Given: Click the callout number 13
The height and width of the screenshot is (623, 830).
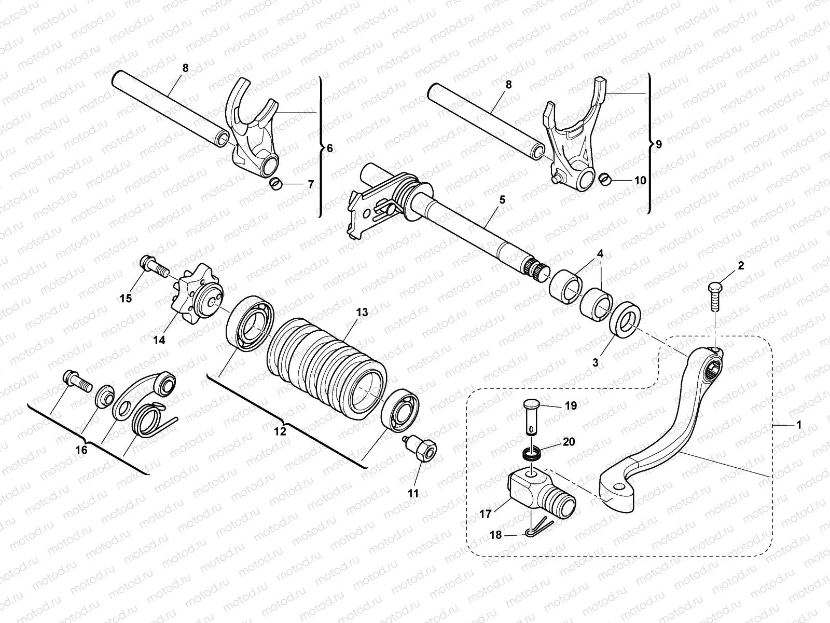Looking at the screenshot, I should point(362,312).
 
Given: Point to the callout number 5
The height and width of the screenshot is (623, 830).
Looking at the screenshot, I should point(502,199).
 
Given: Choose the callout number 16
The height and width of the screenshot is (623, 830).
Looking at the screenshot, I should point(81,450).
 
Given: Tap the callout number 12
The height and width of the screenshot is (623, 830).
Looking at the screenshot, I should point(280,431).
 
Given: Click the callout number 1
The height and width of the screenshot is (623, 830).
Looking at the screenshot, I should point(799,424).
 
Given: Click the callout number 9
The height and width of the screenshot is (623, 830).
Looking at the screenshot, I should point(658,144).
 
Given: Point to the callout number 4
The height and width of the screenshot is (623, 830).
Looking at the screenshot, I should point(600,254).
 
